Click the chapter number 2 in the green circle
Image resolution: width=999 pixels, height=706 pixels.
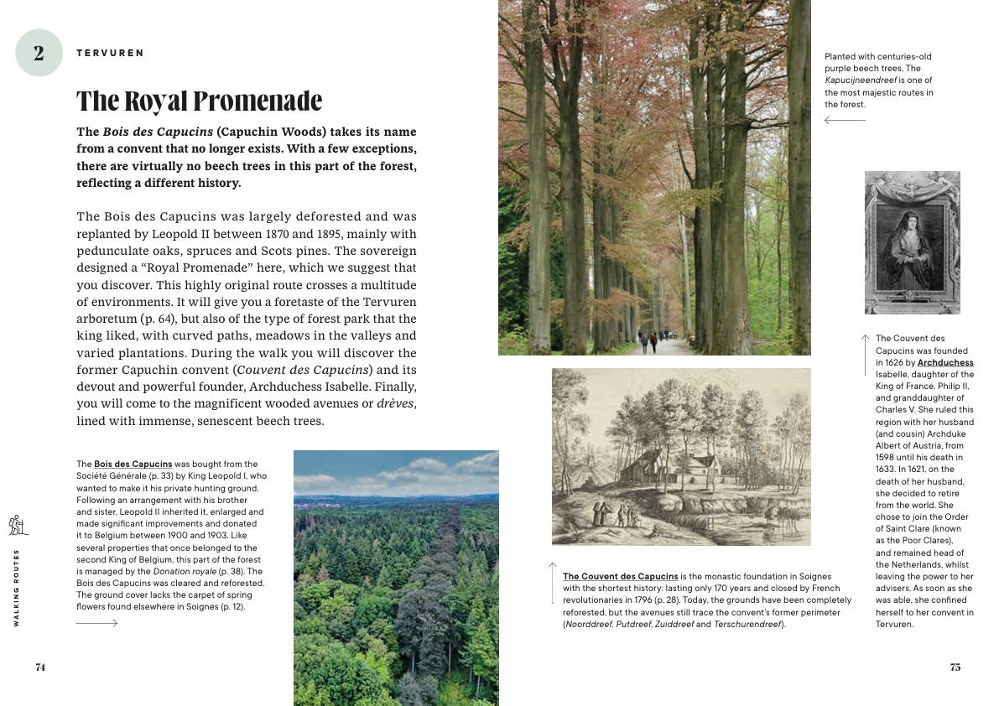[39, 53]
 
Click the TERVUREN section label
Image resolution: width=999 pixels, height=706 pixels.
[110, 53]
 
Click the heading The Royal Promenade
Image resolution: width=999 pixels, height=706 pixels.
[200, 101]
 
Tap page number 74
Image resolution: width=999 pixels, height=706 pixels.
[40, 667]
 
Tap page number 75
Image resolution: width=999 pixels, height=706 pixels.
[955, 667]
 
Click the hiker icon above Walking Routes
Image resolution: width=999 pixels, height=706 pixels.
[18, 525]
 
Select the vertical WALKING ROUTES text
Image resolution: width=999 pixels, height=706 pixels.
[17, 587]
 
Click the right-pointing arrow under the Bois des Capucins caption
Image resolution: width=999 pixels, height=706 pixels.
[96, 623]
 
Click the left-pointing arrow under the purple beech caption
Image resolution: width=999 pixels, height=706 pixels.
[845, 121]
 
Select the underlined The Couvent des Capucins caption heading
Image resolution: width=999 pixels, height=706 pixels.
[620, 576]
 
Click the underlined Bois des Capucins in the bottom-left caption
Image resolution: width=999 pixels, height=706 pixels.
[133, 464]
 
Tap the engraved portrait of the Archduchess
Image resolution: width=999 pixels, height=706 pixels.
[912, 242]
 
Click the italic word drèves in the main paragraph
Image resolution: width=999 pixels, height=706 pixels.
[396, 403]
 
